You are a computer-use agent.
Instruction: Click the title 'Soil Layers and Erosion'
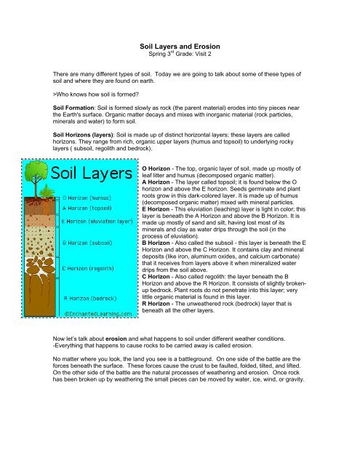pos(180,45)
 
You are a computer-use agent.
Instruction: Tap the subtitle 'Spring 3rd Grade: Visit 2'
pos(180,54)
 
